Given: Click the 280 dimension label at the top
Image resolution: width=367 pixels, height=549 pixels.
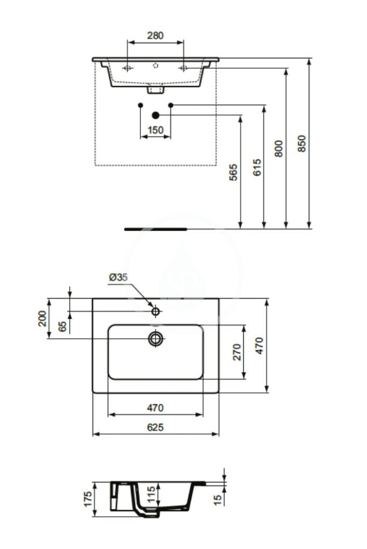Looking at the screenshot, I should [x=155, y=36].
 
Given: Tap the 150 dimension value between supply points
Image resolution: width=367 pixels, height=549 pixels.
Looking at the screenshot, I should [x=155, y=130].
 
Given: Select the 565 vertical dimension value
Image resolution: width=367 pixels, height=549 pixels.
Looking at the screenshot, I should [x=234, y=173].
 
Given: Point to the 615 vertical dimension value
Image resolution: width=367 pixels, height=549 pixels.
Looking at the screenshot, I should [x=257, y=168].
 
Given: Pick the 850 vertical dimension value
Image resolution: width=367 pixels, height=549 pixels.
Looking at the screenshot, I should [x=302, y=143].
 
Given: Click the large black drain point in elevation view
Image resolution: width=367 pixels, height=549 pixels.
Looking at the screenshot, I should [x=156, y=115].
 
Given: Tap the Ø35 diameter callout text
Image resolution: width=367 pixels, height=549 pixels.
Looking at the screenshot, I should [x=118, y=277].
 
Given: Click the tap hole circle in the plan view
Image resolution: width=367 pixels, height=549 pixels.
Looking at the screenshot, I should [x=156, y=311].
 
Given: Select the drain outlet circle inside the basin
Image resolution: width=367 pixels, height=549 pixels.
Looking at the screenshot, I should [x=156, y=338].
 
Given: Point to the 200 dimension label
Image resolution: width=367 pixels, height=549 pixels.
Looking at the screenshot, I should [x=42, y=319].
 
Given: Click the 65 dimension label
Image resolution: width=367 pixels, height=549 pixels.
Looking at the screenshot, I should [x=63, y=325].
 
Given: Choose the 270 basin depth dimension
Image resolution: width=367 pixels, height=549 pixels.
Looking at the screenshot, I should [x=236, y=351].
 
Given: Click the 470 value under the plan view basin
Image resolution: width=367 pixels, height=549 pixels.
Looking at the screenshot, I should [x=155, y=408].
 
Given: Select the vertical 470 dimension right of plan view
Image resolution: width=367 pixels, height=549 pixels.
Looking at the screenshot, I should [x=259, y=346].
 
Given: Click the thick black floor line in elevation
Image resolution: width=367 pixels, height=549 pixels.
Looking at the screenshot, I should [x=155, y=228].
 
